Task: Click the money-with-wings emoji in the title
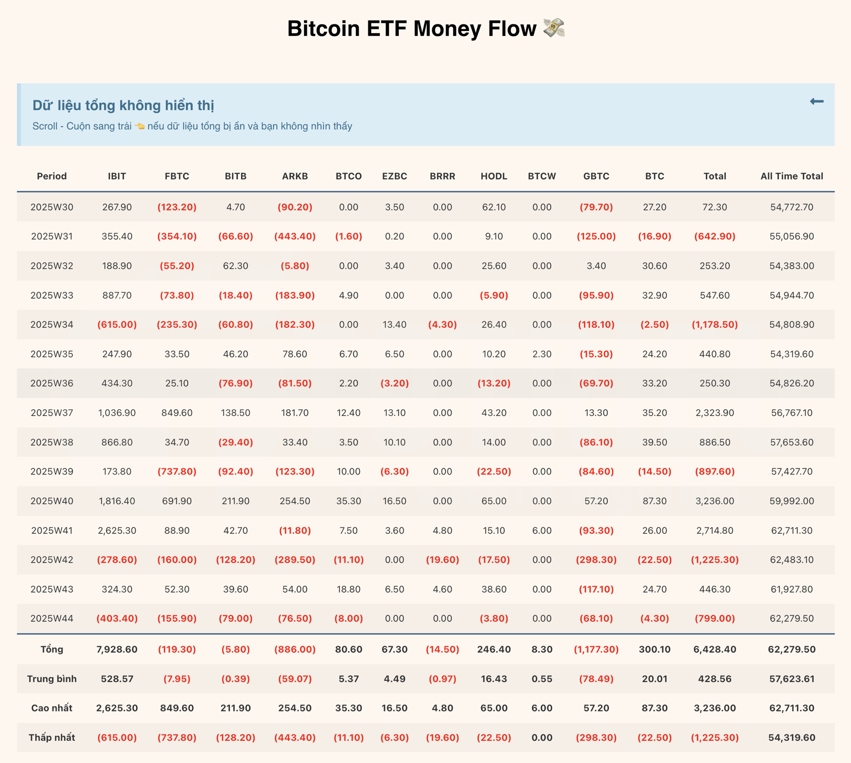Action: [554, 28]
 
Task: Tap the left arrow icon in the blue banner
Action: [816, 102]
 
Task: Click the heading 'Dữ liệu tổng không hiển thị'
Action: [123, 105]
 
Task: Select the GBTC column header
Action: [596, 176]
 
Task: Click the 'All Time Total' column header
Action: [791, 176]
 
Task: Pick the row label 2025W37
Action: [52, 413]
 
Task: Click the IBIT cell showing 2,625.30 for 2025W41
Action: [117, 530]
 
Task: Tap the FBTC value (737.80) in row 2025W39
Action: [177, 471]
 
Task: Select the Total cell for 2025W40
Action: [714, 501]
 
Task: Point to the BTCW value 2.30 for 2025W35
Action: [542, 354]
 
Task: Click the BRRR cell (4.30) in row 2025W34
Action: [442, 325]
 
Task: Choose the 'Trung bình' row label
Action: [52, 679]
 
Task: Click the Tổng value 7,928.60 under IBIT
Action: [117, 649]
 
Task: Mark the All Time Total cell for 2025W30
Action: [791, 207]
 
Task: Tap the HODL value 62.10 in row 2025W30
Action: [494, 207]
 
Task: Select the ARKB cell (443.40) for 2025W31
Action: [295, 236]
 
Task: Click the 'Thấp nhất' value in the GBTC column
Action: [596, 737]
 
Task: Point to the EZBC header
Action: [394, 176]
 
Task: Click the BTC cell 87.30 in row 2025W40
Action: [654, 501]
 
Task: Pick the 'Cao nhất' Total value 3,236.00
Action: [714, 708]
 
